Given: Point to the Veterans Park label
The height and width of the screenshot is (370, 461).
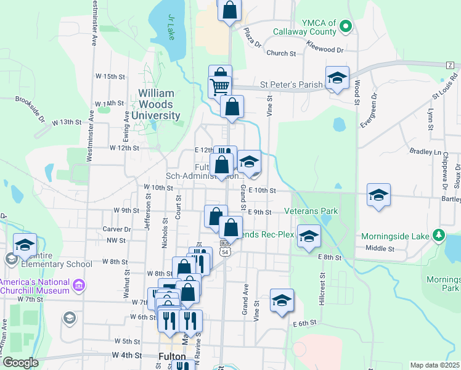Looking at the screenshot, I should click(311, 211).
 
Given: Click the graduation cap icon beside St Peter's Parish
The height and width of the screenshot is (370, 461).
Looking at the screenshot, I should click(337, 78).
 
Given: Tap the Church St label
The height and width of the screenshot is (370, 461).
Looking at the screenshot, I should click(282, 54).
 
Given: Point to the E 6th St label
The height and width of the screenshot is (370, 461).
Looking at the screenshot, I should click(304, 323).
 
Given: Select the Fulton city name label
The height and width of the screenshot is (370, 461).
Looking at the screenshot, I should click(172, 356).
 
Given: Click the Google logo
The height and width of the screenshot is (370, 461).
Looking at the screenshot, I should click(21, 363).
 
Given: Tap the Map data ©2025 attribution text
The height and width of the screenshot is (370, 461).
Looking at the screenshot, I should click(434, 365).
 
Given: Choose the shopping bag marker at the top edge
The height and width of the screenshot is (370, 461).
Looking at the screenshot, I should click(229, 10).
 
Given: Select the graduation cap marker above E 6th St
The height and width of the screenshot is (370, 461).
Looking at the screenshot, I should click(282, 301).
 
